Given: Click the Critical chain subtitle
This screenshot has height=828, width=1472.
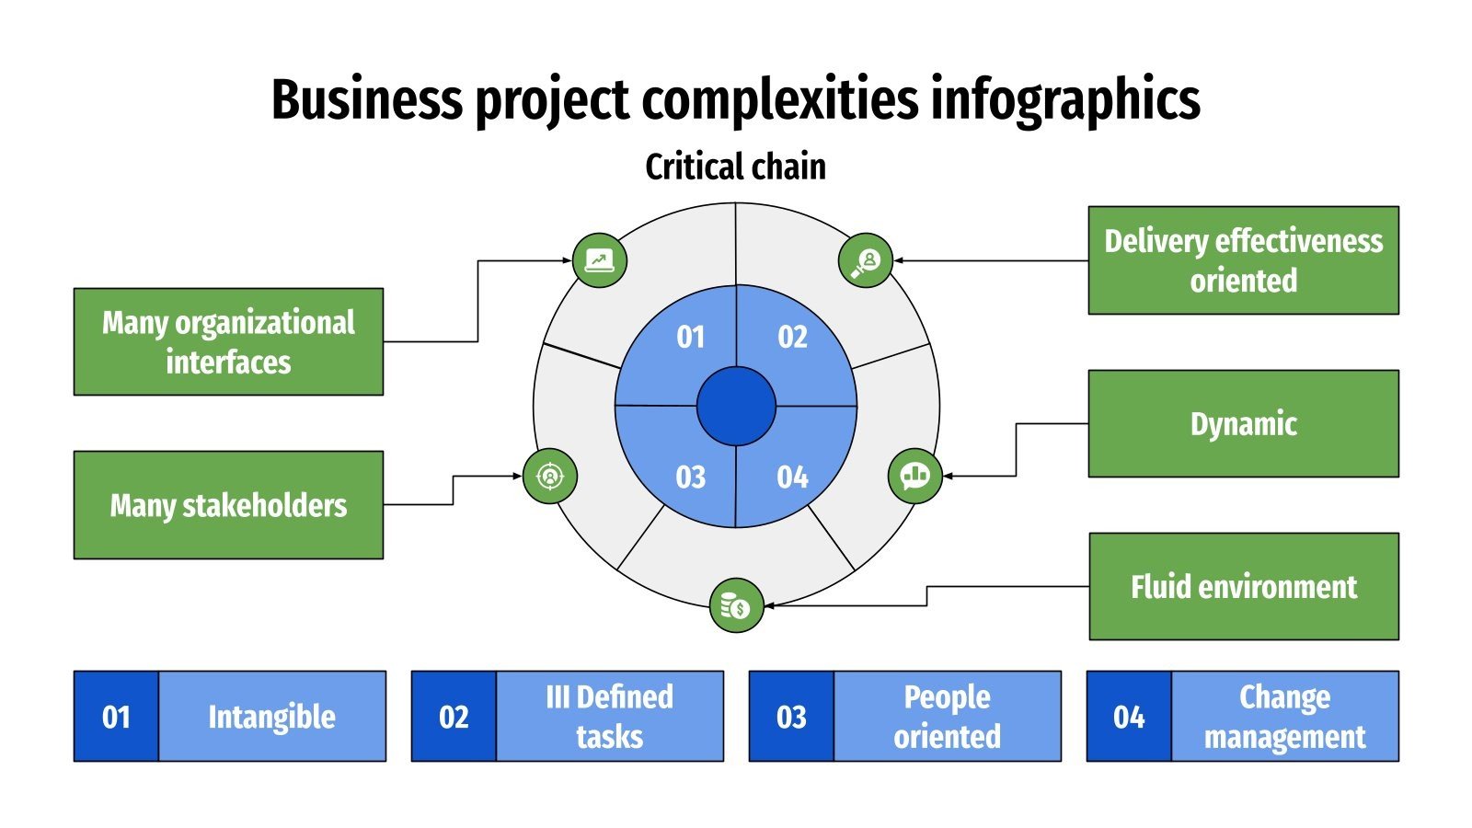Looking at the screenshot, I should click(x=735, y=167).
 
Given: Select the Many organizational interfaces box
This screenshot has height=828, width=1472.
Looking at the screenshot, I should click(x=228, y=341).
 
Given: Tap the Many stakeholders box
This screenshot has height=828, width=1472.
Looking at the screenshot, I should click(x=228, y=505).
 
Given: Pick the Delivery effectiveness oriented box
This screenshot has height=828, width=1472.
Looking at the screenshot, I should click(x=1243, y=260).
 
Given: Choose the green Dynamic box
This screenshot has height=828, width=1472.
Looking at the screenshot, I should click(x=1243, y=424).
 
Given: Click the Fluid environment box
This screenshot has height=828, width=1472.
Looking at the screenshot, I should click(x=1243, y=587).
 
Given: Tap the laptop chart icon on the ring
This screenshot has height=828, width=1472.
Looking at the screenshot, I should click(x=600, y=260).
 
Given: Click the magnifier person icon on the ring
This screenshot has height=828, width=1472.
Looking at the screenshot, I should click(x=866, y=260).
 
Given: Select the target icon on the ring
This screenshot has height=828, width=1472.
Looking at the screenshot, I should click(x=550, y=477).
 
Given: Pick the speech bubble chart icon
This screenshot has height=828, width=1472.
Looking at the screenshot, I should click(x=915, y=476).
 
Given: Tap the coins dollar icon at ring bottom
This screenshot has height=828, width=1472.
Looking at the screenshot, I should click(x=736, y=605).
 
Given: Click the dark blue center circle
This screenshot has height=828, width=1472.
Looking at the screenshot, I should click(x=736, y=406).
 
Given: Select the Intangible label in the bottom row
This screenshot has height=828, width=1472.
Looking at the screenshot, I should click(x=271, y=717).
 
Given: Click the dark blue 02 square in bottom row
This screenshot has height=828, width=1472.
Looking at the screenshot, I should click(x=454, y=717).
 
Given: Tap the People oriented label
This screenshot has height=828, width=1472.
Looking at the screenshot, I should click(x=947, y=717).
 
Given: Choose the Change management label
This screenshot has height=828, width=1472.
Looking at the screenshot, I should click(x=1284, y=717).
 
